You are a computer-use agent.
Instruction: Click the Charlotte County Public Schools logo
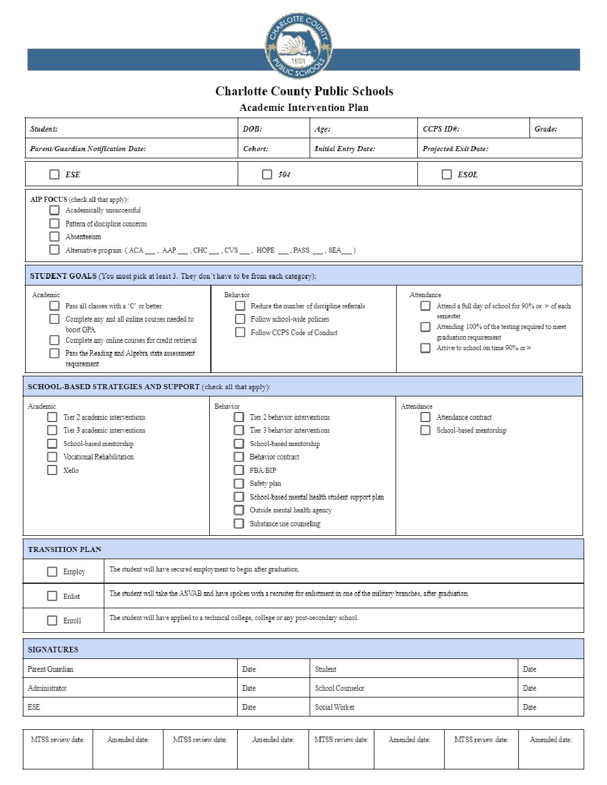298,46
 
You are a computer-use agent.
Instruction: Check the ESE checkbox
54,175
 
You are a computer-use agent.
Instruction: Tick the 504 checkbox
267,175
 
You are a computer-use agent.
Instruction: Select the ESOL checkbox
446,175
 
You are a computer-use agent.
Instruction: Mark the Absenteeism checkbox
54,236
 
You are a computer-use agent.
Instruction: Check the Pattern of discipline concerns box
54,224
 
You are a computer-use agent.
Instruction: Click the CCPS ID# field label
441,129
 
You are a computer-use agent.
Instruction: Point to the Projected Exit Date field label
455,149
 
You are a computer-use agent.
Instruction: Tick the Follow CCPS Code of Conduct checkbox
240,332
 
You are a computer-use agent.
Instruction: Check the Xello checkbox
52,470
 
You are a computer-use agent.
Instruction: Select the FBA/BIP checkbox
239,470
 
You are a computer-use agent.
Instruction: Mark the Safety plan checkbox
239,483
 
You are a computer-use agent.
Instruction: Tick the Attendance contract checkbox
425,417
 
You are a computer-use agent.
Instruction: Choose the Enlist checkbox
52,596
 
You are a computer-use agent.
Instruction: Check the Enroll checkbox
52,621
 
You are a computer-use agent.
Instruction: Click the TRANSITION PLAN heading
65,550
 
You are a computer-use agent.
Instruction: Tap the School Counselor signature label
339,689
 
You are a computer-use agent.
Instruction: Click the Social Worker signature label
335,708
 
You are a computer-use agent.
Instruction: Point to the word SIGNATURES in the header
53,650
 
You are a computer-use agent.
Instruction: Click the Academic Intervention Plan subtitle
303,108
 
